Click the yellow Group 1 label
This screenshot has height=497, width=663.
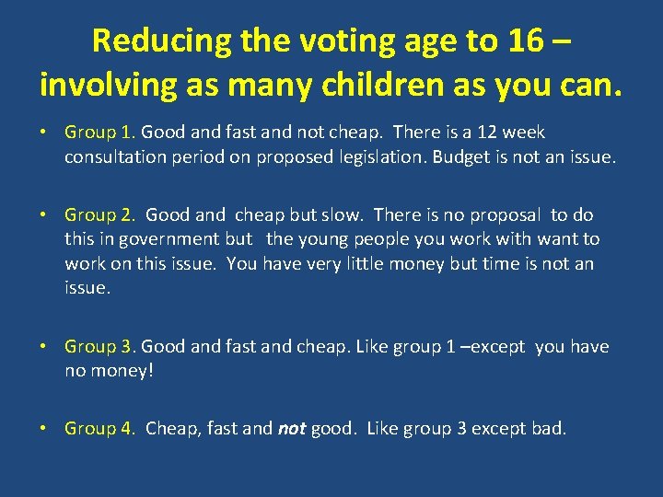[100, 133]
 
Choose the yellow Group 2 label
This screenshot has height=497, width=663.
[100, 215]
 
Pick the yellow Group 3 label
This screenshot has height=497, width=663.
[100, 347]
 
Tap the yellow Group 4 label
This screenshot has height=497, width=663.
[100, 428]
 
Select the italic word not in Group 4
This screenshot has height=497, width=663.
[292, 428]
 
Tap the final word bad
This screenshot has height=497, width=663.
[550, 428]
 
